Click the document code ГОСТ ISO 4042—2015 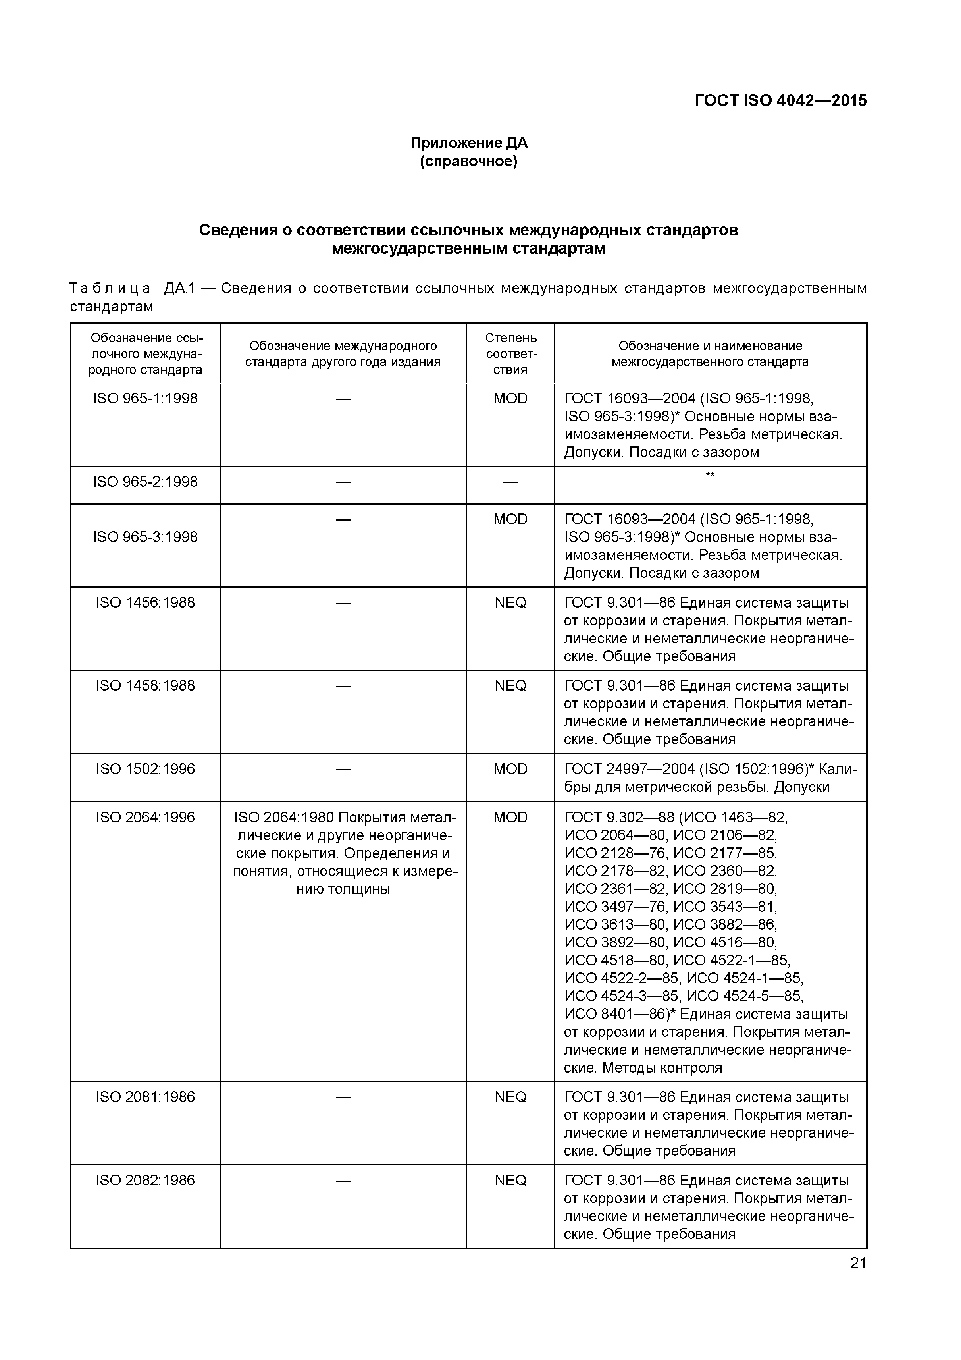click(x=780, y=101)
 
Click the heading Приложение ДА click(x=469, y=143)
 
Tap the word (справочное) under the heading click(x=469, y=162)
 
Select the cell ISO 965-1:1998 click(x=145, y=399)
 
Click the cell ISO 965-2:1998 click(x=145, y=482)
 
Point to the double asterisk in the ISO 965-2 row click(x=710, y=475)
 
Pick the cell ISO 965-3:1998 click(x=145, y=537)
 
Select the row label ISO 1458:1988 click(x=145, y=685)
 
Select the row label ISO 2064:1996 click(x=145, y=818)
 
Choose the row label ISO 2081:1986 click(x=145, y=1097)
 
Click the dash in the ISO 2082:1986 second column click(x=343, y=1181)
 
